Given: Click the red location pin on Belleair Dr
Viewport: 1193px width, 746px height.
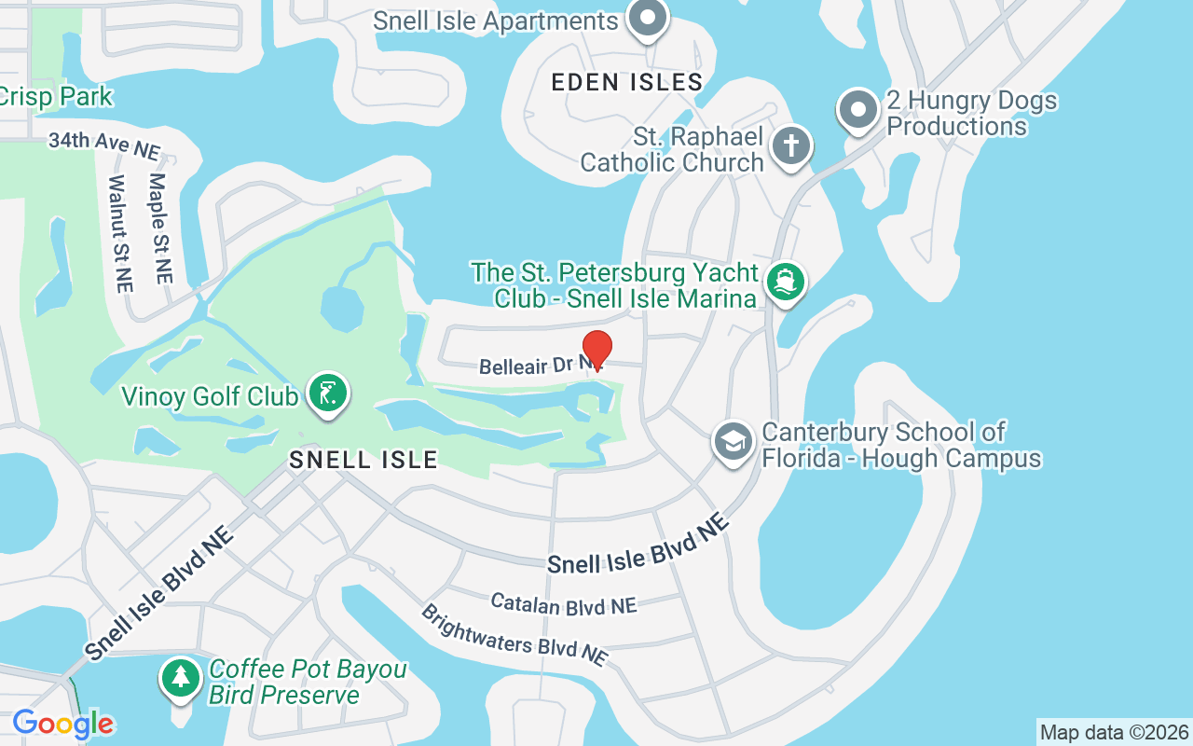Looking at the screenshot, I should tap(596, 349).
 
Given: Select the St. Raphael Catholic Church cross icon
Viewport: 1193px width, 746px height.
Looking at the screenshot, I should tap(790, 146).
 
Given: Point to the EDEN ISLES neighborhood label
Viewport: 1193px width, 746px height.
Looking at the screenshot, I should tap(626, 82).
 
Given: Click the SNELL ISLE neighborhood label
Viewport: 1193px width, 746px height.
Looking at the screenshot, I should tap(363, 460).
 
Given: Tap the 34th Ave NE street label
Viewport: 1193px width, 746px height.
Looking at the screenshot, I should tap(104, 145).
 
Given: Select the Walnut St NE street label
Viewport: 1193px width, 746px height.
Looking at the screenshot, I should tap(118, 234).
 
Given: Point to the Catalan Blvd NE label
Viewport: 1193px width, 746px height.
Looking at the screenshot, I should tap(563, 604).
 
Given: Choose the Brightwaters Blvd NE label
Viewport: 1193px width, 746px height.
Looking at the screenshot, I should tap(514, 635).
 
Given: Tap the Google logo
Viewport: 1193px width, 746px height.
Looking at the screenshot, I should tap(62, 724).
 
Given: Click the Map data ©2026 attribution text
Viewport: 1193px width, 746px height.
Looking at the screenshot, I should tap(1114, 732).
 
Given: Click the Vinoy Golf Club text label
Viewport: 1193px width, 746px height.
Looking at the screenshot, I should tap(210, 397).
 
